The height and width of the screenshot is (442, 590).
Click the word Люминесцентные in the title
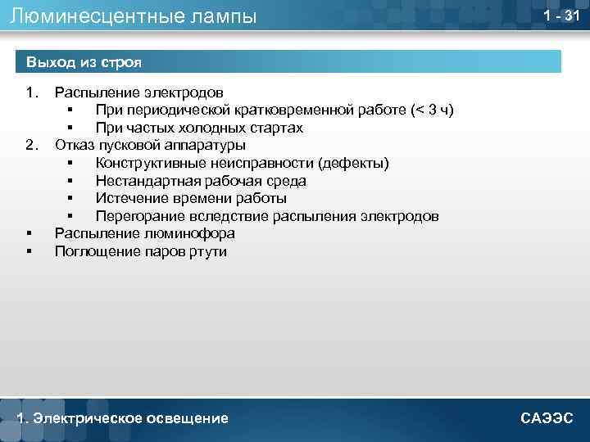tap(83, 16)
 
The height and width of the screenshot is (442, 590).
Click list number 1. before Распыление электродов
tap(32, 93)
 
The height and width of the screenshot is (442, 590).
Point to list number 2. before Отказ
tap(32, 146)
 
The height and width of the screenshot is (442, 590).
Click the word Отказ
tap(74, 146)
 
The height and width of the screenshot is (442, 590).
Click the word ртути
tap(209, 251)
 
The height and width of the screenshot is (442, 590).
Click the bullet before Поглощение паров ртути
tap(30, 251)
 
